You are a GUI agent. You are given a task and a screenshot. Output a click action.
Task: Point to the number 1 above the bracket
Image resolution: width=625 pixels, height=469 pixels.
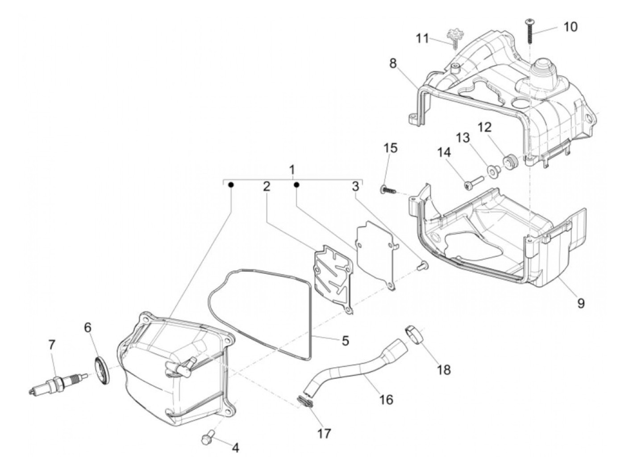click(292, 170)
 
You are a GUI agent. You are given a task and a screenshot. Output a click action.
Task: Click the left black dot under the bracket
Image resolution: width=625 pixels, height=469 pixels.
click(231, 185)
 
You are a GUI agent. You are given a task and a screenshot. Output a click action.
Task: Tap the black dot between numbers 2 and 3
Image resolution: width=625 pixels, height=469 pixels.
click(296, 185)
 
